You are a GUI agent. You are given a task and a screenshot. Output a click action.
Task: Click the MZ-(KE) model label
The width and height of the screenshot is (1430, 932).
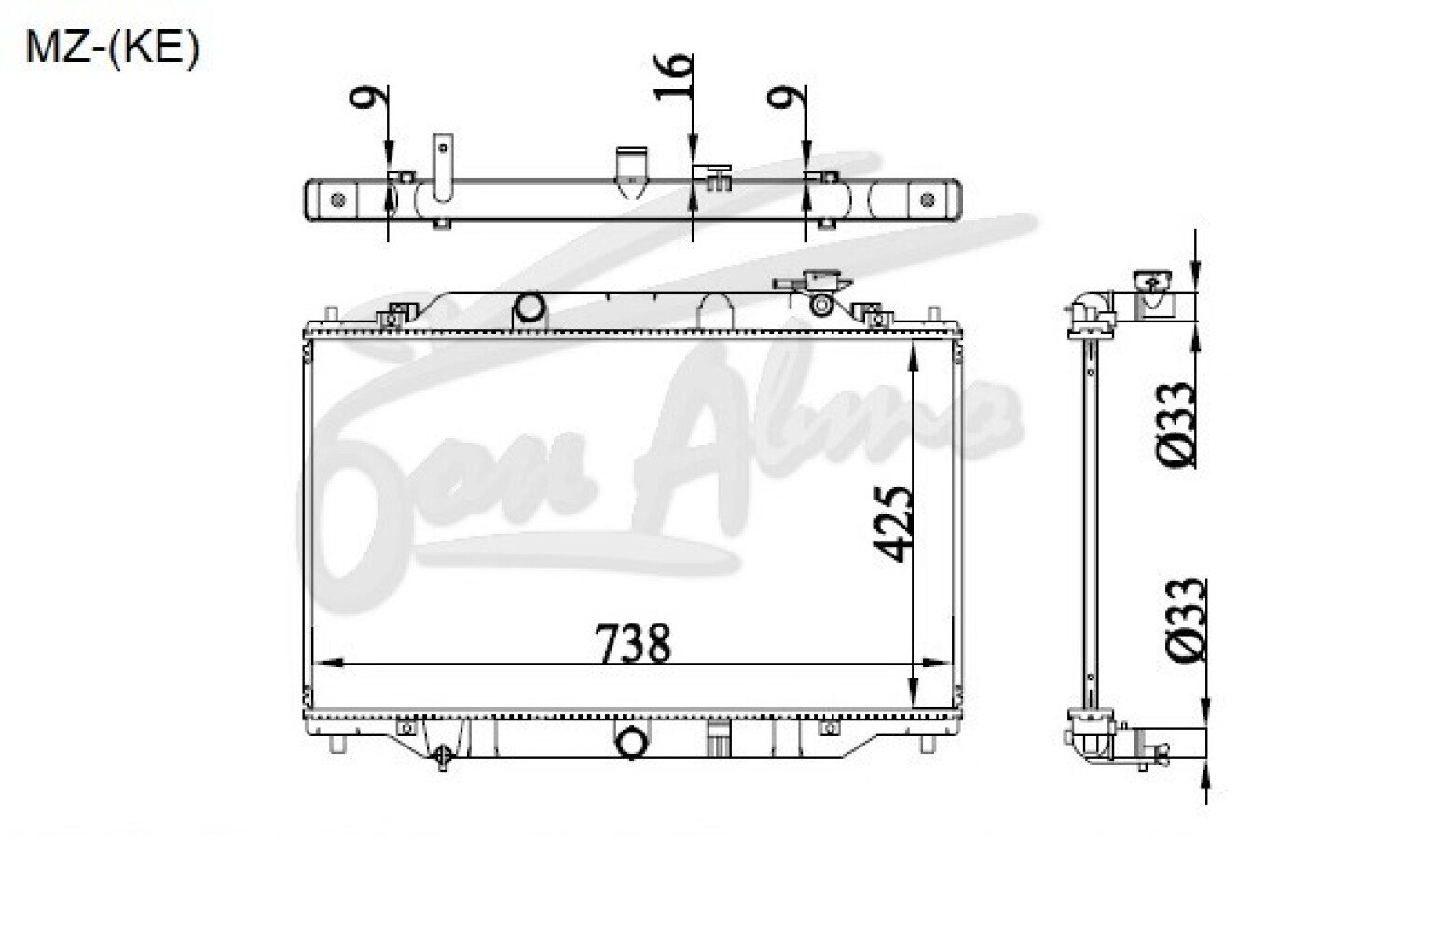[113, 49]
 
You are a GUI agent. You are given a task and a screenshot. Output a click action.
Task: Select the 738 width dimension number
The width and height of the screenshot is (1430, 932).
[633, 642]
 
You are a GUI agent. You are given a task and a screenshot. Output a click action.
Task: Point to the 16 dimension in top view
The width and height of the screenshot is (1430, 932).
[673, 76]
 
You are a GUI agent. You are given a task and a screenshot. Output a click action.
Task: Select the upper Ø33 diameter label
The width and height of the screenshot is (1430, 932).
[1175, 424]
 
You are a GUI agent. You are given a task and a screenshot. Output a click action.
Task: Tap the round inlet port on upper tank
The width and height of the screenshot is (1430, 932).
[529, 307]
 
